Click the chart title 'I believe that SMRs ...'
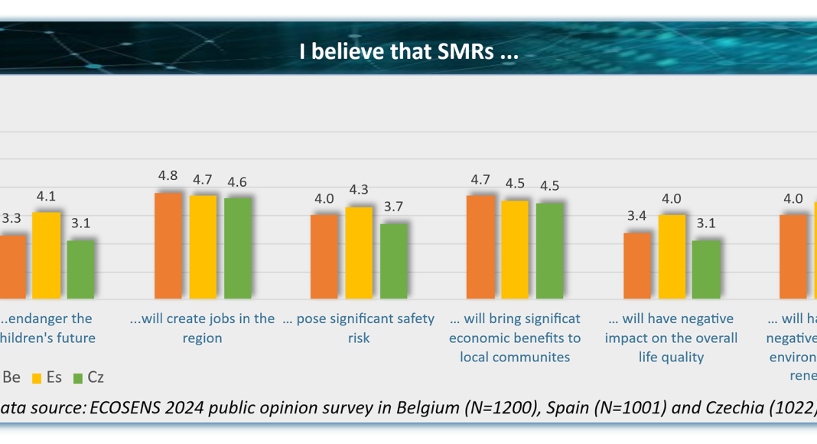tap(408, 54)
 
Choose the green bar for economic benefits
tap(550, 250)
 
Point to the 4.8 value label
tap(168, 176)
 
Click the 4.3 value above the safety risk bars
tap(359, 190)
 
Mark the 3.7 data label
tap(394, 207)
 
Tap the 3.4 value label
tap(637, 216)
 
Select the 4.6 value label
tap(237, 182)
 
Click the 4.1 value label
tap(46, 196)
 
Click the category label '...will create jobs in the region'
tap(202, 328)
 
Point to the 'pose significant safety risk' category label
tap(359, 328)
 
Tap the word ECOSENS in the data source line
tap(125, 406)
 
